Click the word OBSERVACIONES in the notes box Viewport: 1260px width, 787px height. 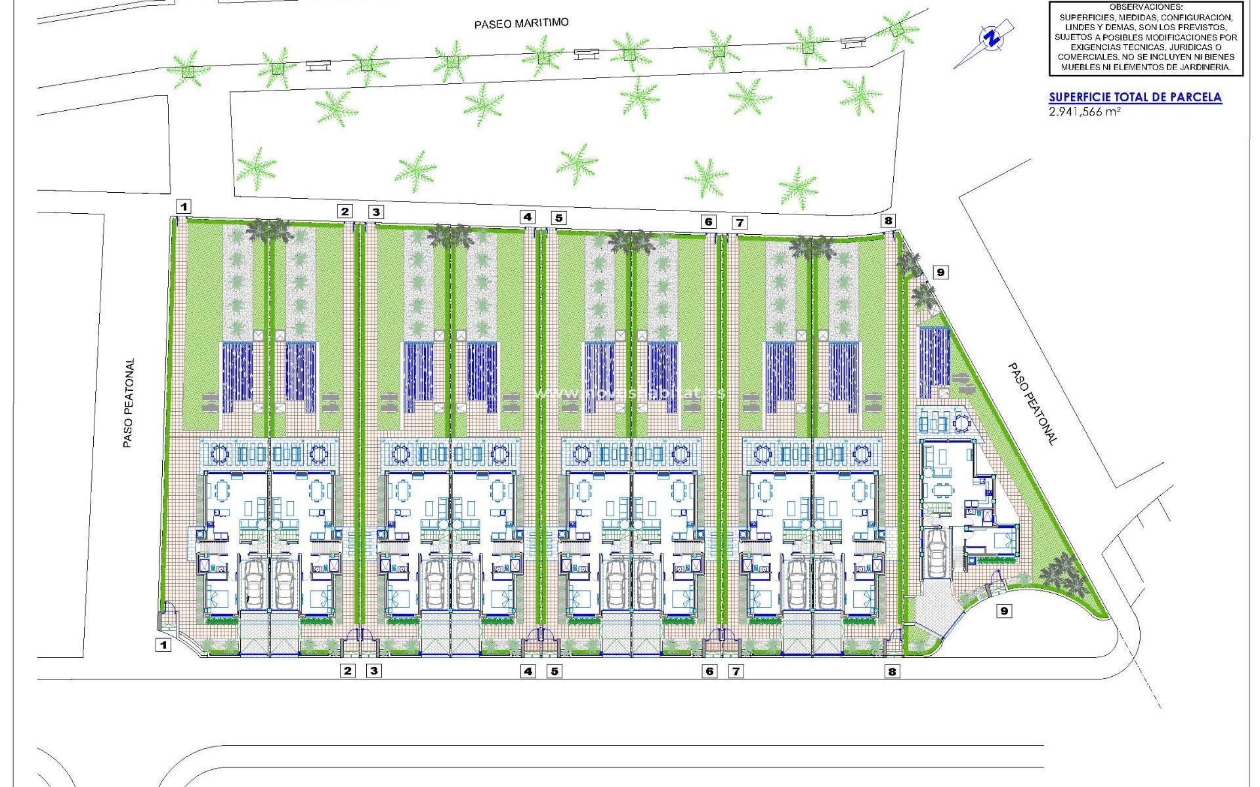tap(1145, 7)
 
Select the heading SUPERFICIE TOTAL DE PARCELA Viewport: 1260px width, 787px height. tap(1135, 97)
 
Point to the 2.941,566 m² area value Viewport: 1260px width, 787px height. tap(1084, 111)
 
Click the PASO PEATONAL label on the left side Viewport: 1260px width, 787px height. tap(129, 403)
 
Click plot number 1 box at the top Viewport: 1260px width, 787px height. tap(184, 207)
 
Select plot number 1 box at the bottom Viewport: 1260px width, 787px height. tap(163, 645)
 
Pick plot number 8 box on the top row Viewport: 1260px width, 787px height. tap(888, 221)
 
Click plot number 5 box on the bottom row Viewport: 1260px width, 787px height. tap(555, 671)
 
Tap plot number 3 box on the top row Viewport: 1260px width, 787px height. tap(375, 212)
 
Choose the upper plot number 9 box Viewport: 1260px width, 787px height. tap(940, 272)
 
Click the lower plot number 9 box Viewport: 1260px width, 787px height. tap(1003, 611)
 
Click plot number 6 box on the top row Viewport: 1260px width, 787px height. tap(708, 221)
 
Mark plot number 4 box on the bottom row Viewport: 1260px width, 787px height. tap(528, 671)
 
